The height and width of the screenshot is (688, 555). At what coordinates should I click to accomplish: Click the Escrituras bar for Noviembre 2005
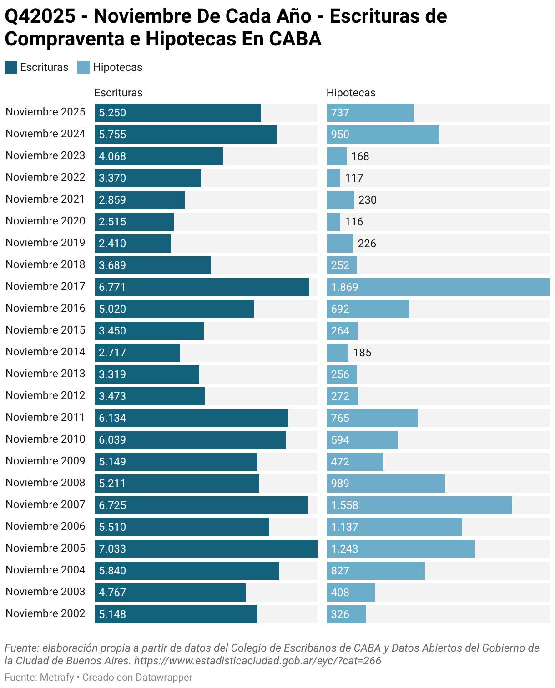click(x=206, y=549)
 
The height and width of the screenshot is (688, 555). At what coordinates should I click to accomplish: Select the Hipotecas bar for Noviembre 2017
click(x=438, y=287)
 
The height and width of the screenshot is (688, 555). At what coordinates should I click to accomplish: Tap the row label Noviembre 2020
click(x=45, y=221)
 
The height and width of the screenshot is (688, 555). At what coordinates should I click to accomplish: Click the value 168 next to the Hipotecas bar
click(x=360, y=156)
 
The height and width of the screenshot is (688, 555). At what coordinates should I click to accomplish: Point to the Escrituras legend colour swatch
click(x=11, y=67)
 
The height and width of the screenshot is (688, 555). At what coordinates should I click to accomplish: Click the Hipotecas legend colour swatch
click(x=84, y=67)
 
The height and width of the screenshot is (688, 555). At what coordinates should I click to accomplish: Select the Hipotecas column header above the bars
click(x=351, y=93)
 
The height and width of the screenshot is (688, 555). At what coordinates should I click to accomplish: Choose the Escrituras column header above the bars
click(x=118, y=93)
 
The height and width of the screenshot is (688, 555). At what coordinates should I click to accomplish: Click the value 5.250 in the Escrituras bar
click(x=112, y=113)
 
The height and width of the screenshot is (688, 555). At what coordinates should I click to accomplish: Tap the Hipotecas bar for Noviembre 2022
click(x=333, y=178)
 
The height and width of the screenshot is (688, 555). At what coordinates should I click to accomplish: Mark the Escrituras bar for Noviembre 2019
click(x=133, y=244)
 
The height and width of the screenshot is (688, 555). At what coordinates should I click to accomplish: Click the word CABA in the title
click(x=295, y=39)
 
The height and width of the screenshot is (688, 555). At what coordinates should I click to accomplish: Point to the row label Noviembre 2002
click(x=45, y=614)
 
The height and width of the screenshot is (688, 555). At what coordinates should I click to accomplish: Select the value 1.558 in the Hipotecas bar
click(x=344, y=505)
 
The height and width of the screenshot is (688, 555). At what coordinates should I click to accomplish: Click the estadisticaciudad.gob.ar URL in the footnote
click(x=257, y=660)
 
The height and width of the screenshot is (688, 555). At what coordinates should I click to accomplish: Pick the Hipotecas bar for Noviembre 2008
click(x=385, y=484)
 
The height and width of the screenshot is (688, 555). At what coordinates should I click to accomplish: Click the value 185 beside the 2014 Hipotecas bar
click(x=362, y=353)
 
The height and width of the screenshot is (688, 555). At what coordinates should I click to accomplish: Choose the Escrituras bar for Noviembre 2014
click(x=137, y=353)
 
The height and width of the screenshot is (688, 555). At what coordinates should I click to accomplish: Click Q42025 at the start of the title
click(x=40, y=16)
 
